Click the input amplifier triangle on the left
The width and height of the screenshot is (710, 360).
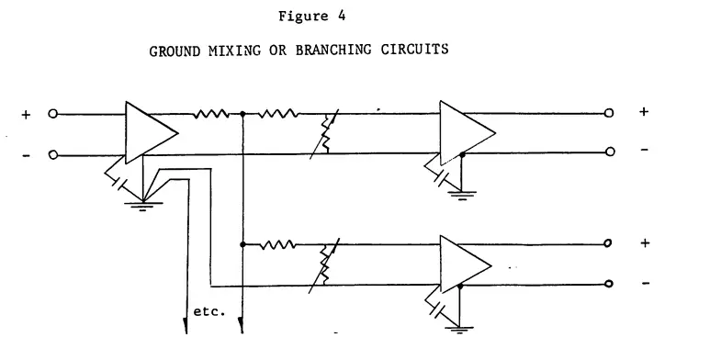coord(150,134)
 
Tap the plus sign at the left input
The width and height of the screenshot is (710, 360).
coord(26,115)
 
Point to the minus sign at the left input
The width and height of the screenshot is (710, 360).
coord(26,155)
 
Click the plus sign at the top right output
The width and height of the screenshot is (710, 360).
coord(644,113)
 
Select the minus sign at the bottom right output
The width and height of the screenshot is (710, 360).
coord(644,284)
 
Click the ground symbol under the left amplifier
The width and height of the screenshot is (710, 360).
coord(142,205)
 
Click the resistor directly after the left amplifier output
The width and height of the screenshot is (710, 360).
coord(212,115)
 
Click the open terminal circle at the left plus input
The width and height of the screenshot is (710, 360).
coord(53,115)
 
